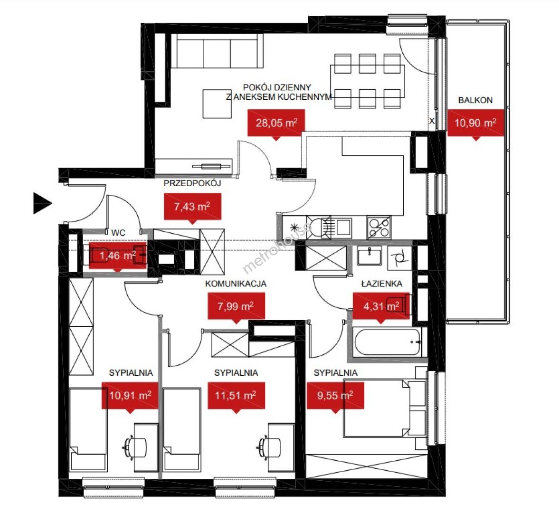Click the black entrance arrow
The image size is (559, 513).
[x=42, y=203]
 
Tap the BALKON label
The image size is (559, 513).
[x=475, y=100]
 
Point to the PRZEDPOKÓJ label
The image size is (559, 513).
[x=192, y=183]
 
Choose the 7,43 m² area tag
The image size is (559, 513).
[x=192, y=208]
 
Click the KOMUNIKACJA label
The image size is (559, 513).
[x=236, y=284]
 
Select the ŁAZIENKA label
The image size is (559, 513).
[x=382, y=284]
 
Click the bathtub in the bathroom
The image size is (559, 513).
[x=388, y=342]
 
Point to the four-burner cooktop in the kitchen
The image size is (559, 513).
[x=379, y=228]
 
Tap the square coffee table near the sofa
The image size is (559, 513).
[x=217, y=104]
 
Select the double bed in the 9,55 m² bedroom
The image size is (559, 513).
[x=385, y=408]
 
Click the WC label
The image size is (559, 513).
[x=118, y=233]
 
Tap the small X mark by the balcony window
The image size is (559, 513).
[x=432, y=121]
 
